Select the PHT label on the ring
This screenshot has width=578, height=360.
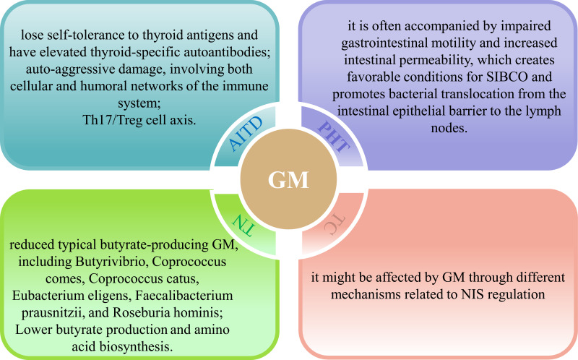[x=335, y=134]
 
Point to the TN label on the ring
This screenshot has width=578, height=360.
[x=243, y=226]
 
